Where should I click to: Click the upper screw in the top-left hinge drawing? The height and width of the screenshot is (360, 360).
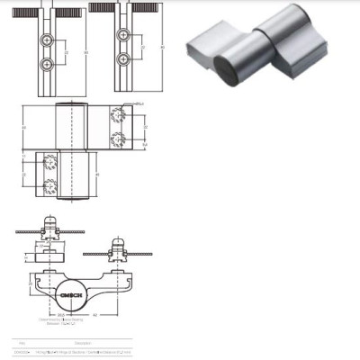[x=48, y=41]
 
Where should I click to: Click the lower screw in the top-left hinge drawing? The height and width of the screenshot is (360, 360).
[x=48, y=63]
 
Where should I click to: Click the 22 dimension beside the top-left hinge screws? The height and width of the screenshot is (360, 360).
[x=65, y=52]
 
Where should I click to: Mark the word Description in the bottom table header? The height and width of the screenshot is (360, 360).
[x=83, y=343]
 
